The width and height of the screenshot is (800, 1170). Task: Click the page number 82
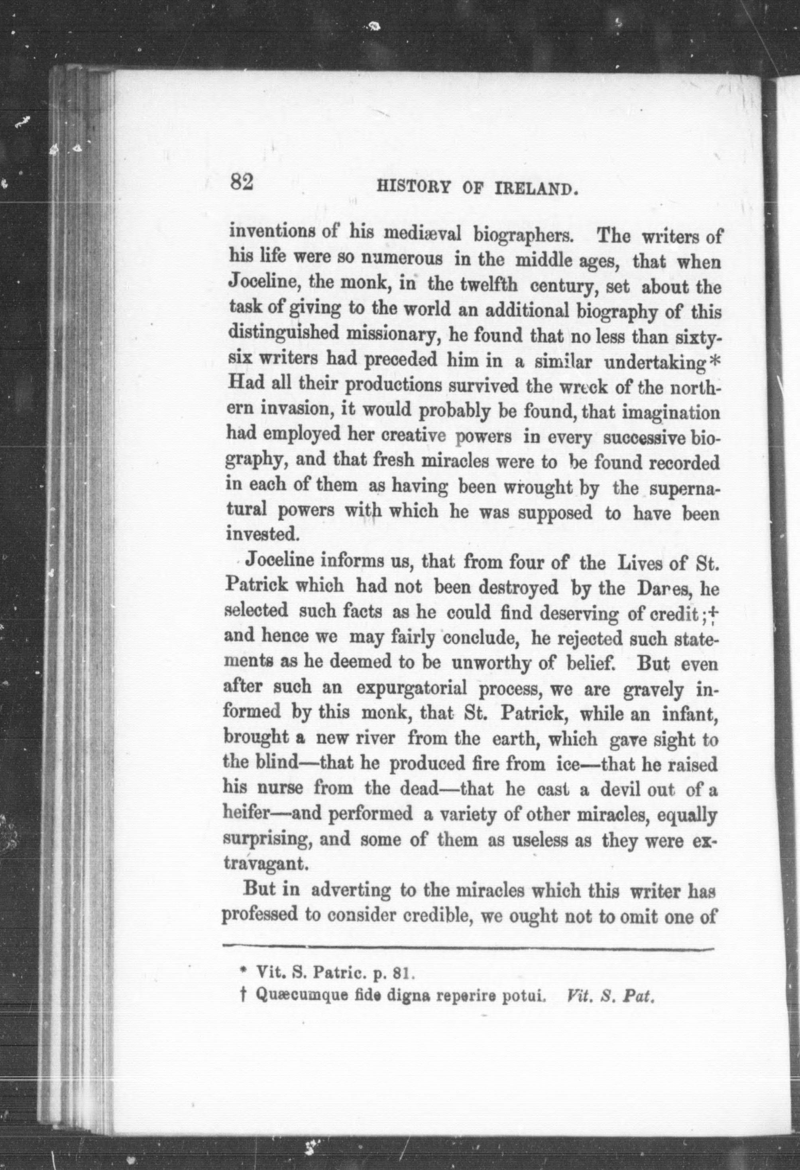coord(242,182)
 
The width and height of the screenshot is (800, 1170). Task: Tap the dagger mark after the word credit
coord(714,612)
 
